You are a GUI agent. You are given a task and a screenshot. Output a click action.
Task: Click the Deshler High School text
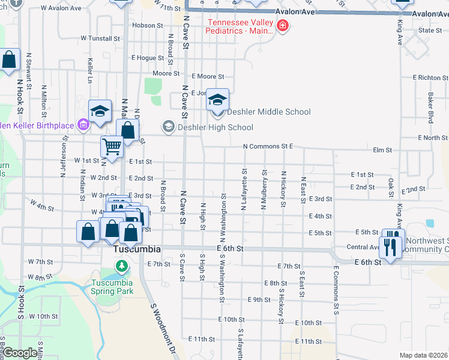coord(215,127)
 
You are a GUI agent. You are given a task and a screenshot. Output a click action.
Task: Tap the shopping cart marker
coord(112,146)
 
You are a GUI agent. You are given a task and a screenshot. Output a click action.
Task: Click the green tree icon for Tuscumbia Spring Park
coord(122,266)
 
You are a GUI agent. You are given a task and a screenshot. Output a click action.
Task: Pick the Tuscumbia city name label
coord(137,249)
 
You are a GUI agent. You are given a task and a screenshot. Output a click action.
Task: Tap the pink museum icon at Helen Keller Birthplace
coord(83,125)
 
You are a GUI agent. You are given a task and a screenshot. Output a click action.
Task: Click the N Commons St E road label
coord(268,146)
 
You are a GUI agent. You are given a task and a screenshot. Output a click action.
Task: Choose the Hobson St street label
coord(144,25)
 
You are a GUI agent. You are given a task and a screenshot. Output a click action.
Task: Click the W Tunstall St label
coord(100,38)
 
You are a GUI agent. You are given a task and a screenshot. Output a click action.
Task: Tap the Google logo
coord(20,353)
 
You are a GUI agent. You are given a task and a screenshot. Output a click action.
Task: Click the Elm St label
coord(382,150)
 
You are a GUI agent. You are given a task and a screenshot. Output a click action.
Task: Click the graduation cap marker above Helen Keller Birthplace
coord(100,112)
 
